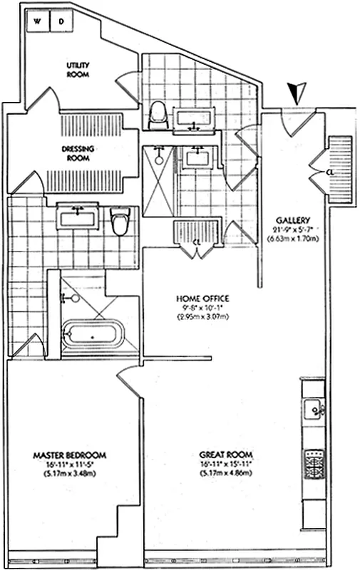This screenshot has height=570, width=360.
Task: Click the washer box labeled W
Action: (x=38, y=21)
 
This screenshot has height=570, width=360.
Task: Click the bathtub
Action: (x=93, y=335)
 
